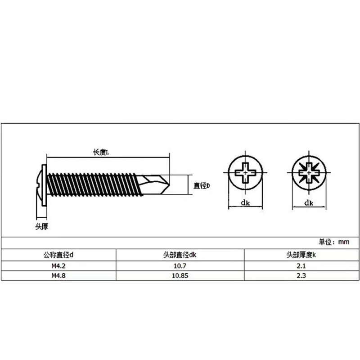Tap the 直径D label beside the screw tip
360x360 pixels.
[x=202, y=185]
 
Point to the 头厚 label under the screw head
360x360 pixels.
[x=42, y=227]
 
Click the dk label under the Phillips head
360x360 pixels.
[x=245, y=203]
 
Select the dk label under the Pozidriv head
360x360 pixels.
[x=309, y=203]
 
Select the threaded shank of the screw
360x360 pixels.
[x=94, y=184]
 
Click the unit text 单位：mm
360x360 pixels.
[x=334, y=242]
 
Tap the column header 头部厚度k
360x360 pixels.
[x=302, y=255]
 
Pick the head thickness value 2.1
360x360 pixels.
[x=302, y=265]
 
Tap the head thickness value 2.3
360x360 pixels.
[x=302, y=276]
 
